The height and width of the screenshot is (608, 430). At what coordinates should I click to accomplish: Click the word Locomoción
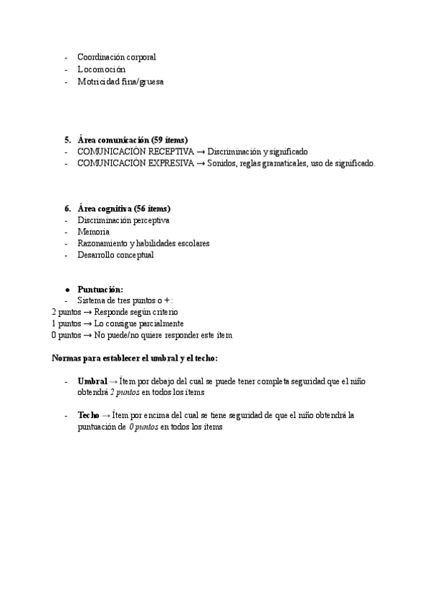coord(101,70)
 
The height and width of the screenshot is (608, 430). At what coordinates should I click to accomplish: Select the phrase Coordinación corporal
coord(117,57)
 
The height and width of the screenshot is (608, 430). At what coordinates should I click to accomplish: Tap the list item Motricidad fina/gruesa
coord(120,82)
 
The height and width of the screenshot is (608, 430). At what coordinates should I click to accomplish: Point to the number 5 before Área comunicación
coord(67,139)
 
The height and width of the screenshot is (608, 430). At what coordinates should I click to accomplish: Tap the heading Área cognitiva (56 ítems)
coord(124,208)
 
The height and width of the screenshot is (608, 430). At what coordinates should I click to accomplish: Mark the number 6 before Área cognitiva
coord(67,208)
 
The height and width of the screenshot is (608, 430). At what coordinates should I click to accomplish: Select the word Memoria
coord(93,232)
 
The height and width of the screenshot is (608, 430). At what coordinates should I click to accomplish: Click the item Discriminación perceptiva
coord(123,220)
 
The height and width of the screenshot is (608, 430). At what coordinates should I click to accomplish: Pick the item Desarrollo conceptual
coord(115,255)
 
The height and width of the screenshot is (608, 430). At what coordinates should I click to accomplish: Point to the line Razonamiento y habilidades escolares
coord(143,243)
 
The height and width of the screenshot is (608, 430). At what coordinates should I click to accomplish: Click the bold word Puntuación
coord(100,289)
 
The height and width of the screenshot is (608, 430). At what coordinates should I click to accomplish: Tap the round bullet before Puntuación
coord(67,289)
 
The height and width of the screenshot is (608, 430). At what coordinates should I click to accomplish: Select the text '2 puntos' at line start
coord(66,312)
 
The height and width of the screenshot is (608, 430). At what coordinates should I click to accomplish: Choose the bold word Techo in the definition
coord(89,415)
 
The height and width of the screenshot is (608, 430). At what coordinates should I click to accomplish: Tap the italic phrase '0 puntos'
coord(143,427)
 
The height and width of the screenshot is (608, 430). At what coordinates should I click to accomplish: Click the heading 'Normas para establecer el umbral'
coord(135,358)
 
